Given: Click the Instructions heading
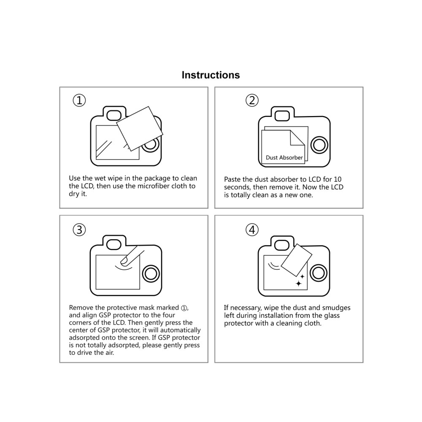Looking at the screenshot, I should coord(211,75).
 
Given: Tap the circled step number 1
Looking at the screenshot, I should coord(79,100).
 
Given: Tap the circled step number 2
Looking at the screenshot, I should coord(252,100).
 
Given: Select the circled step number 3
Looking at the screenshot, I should coord(79,230).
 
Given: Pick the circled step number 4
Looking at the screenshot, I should coord(252,230).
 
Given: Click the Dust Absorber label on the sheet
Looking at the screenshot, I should coord(284,158).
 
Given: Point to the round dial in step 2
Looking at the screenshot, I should coord(319,145).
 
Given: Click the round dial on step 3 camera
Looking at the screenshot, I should coord(150,274).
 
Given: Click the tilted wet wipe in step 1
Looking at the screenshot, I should coord(139,128).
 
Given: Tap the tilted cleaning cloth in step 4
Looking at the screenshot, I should coord(297,259).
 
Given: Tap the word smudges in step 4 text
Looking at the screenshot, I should coord(335,308).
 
